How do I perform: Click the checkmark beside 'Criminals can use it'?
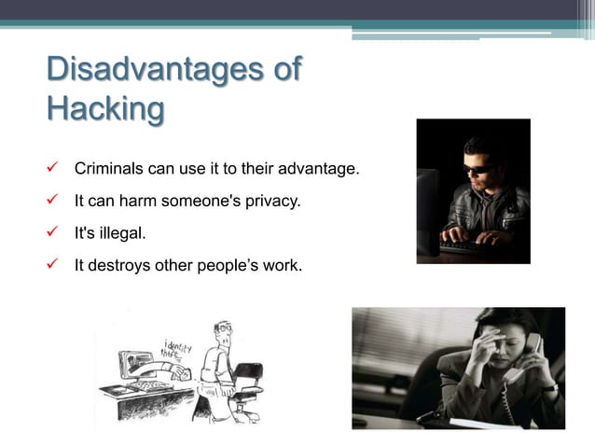pyautogui.click(x=52, y=170)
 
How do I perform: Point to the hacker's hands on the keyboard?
pyautogui.click(x=466, y=235)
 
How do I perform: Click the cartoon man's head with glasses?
pyautogui.click(x=221, y=333)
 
